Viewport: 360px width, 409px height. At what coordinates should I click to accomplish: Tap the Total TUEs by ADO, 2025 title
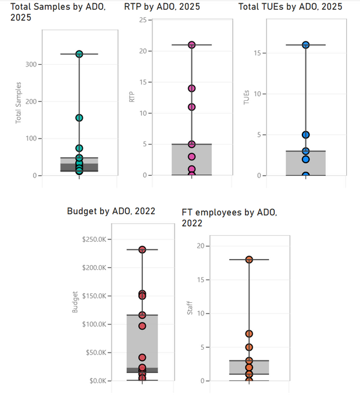pyautogui.click(x=290, y=7)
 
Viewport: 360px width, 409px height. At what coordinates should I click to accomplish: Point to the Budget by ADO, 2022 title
pyautogui.click(x=111, y=210)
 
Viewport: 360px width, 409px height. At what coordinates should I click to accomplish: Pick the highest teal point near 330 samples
pyautogui.click(x=79, y=54)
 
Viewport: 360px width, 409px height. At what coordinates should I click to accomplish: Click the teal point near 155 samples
pyautogui.click(x=79, y=118)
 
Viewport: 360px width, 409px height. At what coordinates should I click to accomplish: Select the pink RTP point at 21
pyautogui.click(x=192, y=45)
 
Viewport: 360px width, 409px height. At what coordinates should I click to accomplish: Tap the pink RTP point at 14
pyautogui.click(x=192, y=88)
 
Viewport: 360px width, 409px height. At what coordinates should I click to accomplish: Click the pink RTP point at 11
pyautogui.click(x=192, y=107)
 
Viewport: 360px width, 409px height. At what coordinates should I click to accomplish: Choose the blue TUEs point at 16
pyautogui.click(x=305, y=45)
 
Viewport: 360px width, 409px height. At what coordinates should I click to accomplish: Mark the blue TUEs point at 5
pyautogui.click(x=305, y=135)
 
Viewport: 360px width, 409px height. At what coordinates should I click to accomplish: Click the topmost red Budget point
pyautogui.click(x=142, y=249)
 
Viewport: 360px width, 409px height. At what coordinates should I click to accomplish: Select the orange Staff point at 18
pyautogui.click(x=249, y=260)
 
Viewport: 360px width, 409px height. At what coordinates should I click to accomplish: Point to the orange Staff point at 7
pyautogui.click(x=249, y=334)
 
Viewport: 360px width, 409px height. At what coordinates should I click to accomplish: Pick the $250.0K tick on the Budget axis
pyautogui.click(x=93, y=239)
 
